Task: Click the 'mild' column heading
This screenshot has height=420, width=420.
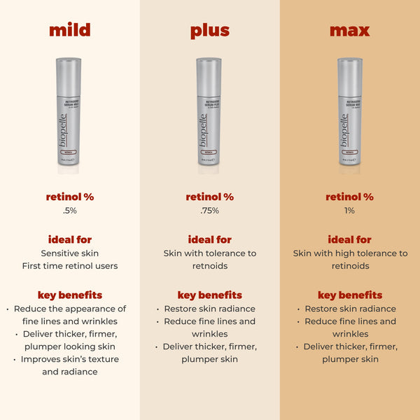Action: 70,31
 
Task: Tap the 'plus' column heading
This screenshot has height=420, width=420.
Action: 210,31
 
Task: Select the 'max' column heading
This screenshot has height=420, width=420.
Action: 350,31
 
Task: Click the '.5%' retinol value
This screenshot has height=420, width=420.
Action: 70,210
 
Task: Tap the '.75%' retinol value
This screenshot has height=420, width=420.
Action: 210,210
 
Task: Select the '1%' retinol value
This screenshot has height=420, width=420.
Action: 350,210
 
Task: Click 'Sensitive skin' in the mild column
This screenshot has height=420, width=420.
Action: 70,253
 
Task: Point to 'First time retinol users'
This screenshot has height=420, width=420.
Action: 70,266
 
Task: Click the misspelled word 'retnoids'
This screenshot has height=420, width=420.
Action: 210,266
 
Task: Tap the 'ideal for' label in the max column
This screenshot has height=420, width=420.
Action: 350,239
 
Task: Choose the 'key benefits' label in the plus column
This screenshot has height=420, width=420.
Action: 210,295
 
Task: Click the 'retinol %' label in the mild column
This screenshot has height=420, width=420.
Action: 70,197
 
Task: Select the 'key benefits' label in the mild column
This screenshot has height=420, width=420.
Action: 70,295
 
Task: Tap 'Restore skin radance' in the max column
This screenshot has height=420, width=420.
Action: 350,309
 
